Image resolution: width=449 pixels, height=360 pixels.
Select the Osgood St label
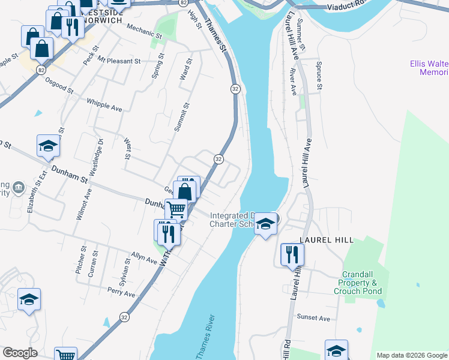point(58,86)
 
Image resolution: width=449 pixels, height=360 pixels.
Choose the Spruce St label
point(319,75)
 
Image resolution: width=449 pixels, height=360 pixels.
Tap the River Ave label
point(294,82)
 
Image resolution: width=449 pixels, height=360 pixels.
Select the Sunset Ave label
point(313,318)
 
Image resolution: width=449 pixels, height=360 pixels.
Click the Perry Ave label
point(121,292)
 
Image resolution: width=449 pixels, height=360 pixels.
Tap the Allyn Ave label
point(145,257)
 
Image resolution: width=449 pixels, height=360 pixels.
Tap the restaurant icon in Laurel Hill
point(292,254)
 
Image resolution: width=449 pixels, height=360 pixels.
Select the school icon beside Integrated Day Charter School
point(265,224)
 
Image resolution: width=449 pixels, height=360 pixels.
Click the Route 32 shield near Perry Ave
point(124,317)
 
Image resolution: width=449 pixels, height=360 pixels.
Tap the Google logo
point(20,353)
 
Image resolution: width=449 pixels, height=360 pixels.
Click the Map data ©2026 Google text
point(411,355)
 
